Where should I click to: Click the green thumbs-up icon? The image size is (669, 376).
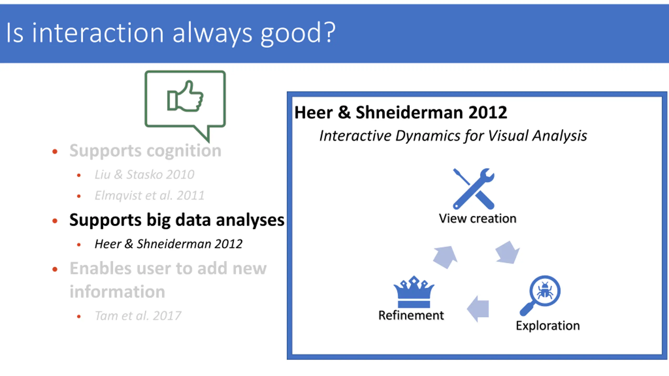pyautogui.click(x=185, y=97)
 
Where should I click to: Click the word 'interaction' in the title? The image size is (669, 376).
pyautogui.click(x=98, y=32)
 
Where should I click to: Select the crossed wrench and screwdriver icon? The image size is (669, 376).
pyautogui.click(x=474, y=189)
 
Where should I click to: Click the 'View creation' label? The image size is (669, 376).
pyautogui.click(x=478, y=219)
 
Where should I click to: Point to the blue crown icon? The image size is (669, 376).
pyautogui.click(x=414, y=292)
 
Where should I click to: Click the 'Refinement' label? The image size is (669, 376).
pyautogui.click(x=411, y=315)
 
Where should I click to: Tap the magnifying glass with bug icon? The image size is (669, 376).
pyautogui.click(x=540, y=295)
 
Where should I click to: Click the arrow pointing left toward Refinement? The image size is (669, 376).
pyautogui.click(x=478, y=309)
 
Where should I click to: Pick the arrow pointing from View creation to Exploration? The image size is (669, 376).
pyautogui.click(x=507, y=252)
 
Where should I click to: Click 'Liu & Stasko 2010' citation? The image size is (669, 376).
pyautogui.click(x=145, y=174)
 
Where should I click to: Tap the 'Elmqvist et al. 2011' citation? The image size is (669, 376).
pyautogui.click(x=149, y=196)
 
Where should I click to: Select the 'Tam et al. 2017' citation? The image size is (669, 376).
pyautogui.click(x=138, y=316)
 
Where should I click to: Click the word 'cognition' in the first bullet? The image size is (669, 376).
pyautogui.click(x=184, y=151)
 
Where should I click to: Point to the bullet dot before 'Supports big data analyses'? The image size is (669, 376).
pyautogui.click(x=55, y=221)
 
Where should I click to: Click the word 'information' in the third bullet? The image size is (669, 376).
pyautogui.click(x=117, y=291)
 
